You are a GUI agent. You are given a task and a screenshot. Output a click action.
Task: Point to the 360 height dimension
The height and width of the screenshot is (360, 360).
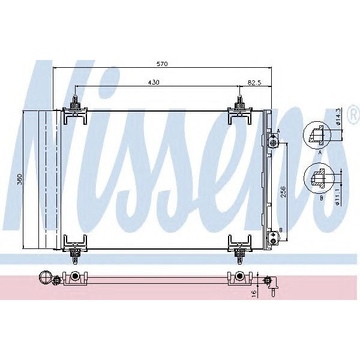[x=19, y=179]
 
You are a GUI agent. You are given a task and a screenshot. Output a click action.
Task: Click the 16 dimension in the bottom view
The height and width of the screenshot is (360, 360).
[x=254, y=293]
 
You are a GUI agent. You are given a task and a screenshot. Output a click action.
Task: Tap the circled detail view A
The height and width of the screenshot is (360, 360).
[x=317, y=135]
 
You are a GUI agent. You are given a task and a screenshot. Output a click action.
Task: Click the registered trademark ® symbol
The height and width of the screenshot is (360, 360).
[x=353, y=113]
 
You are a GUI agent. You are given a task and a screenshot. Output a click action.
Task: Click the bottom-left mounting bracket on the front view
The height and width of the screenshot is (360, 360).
[x=75, y=246]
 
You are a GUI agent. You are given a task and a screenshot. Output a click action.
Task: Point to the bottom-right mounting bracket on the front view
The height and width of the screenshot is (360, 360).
[x=240, y=246]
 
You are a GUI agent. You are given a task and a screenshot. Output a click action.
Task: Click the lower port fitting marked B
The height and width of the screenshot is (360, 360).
[x=273, y=239]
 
